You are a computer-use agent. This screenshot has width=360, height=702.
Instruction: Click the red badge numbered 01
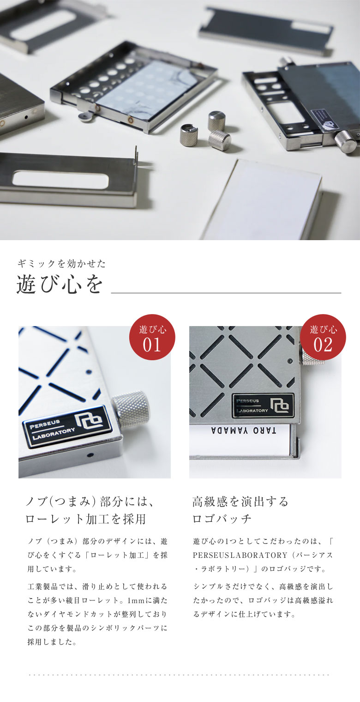[152, 337]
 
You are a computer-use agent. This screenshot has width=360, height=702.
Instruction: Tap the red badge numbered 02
[323, 337]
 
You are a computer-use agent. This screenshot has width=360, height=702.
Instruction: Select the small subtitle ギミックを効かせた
[61, 264]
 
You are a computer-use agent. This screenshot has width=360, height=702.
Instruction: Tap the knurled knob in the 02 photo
[312, 355]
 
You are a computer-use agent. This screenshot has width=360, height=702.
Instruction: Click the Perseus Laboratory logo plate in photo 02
[263, 405]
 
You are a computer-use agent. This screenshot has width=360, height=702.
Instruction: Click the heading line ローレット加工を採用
[85, 519]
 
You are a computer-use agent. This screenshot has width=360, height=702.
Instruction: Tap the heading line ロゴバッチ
[222, 519]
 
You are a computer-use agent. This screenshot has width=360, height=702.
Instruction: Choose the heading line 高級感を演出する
[240, 501]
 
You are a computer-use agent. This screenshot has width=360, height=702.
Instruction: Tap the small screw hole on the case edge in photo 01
[90, 455]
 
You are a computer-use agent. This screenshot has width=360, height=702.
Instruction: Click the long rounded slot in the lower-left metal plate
[60, 179]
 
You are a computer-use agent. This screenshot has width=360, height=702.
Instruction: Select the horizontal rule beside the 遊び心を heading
[226, 293]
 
